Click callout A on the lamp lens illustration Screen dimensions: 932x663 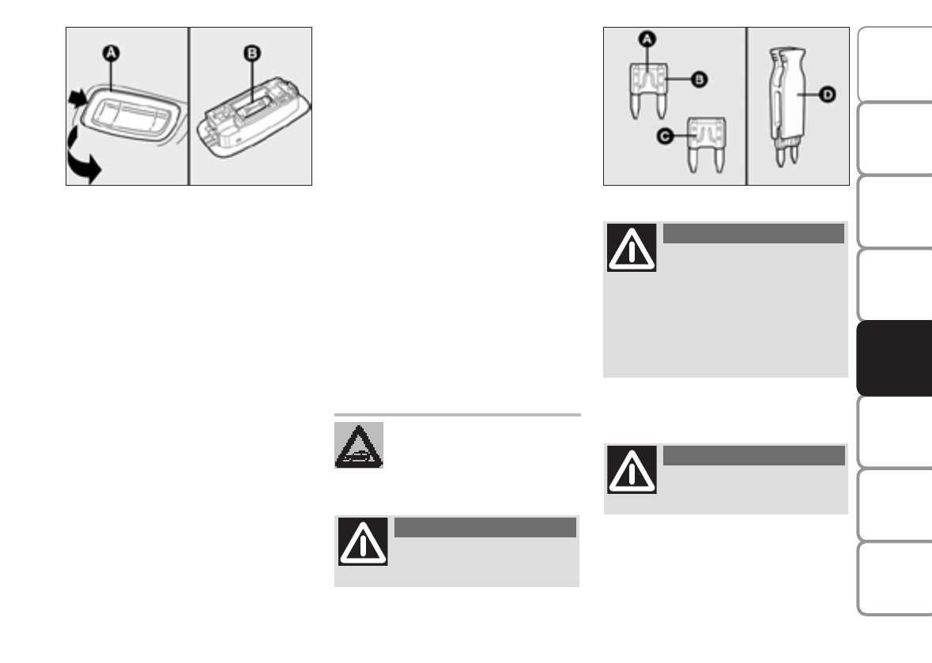(112, 52)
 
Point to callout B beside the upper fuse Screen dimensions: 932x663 (700, 79)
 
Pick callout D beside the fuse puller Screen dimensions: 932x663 (826, 95)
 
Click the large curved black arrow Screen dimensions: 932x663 (81, 162)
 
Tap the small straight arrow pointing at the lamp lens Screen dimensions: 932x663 (77, 100)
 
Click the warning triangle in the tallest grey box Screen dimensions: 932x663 (632, 248)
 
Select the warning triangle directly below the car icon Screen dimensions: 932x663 (362, 541)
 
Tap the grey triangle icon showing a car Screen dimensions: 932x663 (359, 446)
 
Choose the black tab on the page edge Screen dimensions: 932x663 (894, 359)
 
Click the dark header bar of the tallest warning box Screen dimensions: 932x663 (753, 233)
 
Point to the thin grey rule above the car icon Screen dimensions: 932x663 (457, 414)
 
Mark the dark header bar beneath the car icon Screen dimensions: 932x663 (484, 527)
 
